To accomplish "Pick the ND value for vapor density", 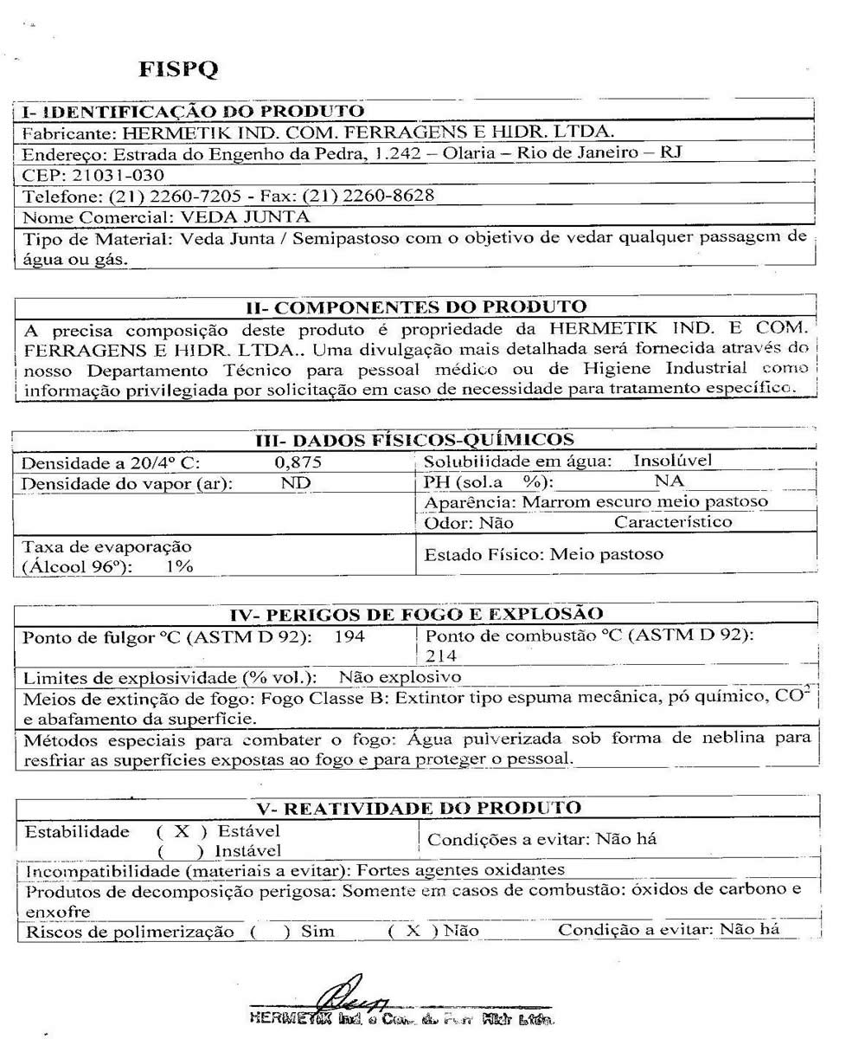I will (296, 483).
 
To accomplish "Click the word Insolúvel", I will (673, 461).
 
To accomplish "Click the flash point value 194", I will (349, 637).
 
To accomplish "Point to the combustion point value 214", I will (440, 656).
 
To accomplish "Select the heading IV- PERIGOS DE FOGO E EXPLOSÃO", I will (416, 614).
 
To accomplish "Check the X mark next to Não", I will (414, 932).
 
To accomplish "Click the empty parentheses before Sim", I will (269, 932).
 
